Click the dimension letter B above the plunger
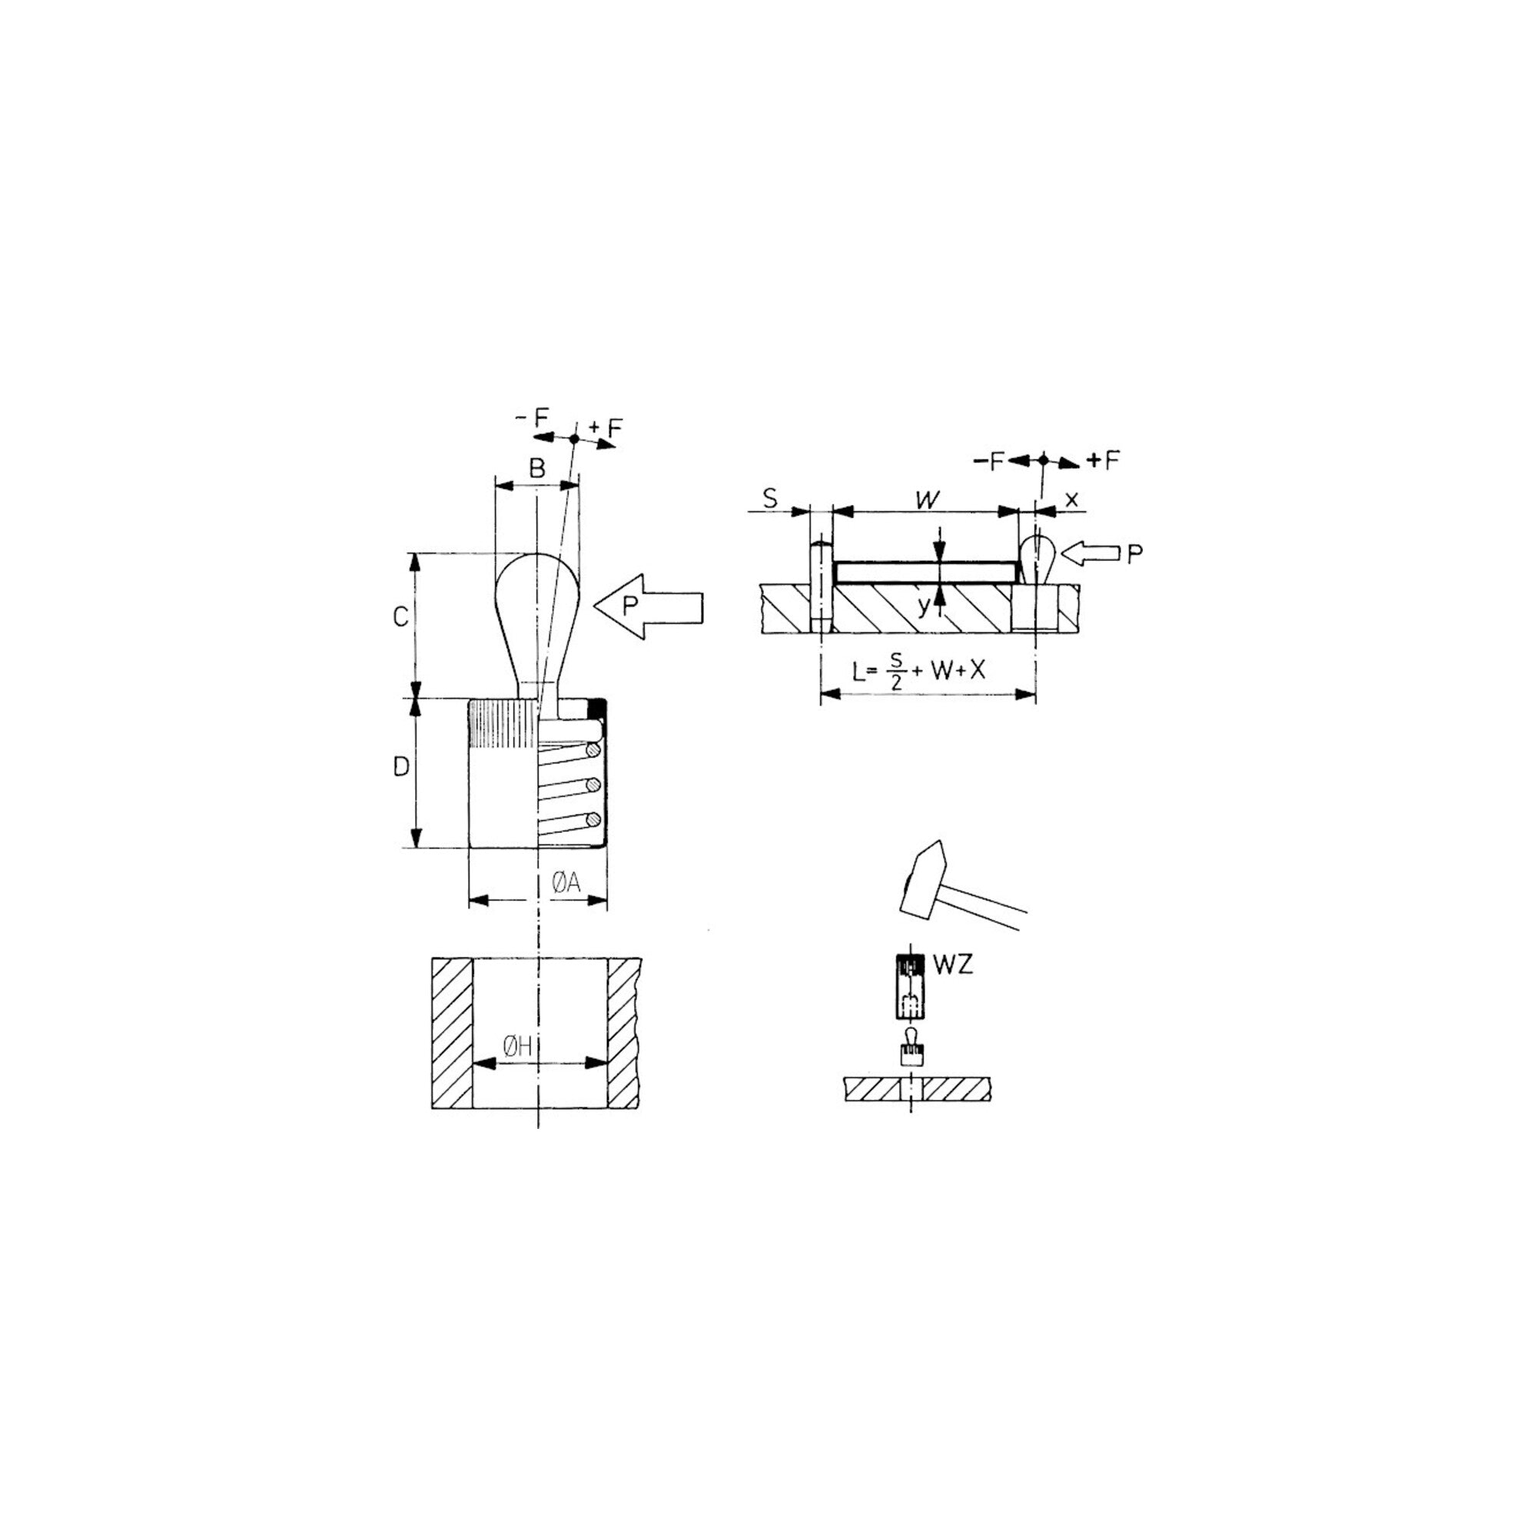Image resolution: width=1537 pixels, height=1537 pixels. coord(538,469)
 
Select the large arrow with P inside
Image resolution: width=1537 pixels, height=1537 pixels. coord(649,608)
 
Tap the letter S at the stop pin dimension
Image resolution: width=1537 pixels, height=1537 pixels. coord(770,500)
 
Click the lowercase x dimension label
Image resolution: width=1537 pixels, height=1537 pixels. coord(1071,500)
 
